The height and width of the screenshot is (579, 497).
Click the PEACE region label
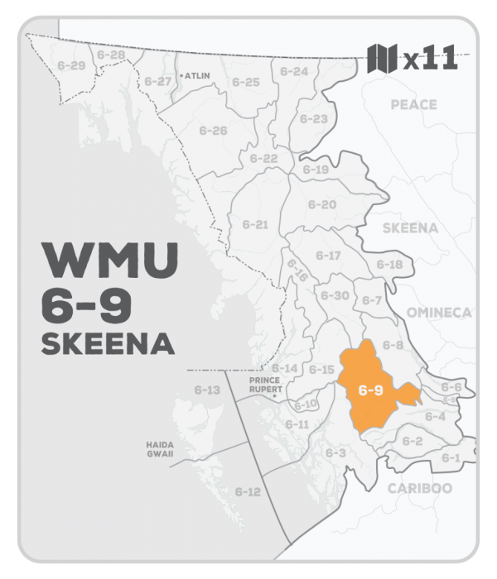coord(413,105)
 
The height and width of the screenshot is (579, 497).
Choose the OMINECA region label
coord(438,312)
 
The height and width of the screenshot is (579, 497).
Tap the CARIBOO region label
coord(420,488)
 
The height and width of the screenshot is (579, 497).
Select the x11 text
coord(428,60)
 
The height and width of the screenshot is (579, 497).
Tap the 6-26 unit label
coord(214,131)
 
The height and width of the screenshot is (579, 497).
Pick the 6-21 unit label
coord(256,224)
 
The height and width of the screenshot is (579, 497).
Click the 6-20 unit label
coord(323,204)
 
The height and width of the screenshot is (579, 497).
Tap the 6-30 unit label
coord(335,295)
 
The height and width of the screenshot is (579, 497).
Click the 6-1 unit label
coord(451,457)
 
